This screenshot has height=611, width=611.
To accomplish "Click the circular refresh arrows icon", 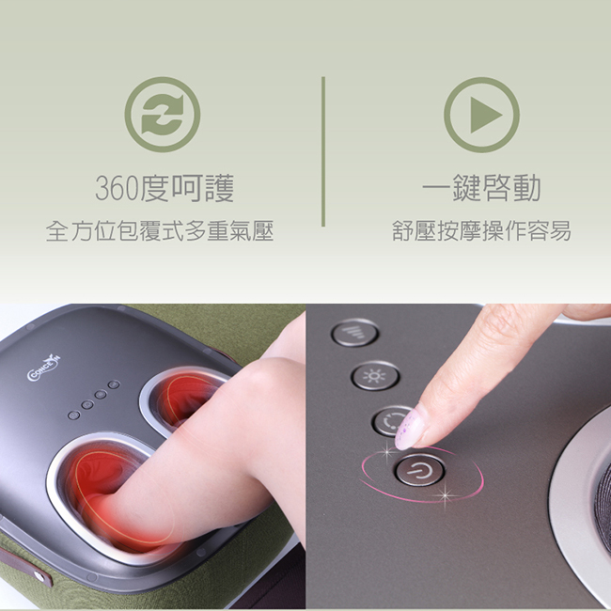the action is click(x=163, y=115).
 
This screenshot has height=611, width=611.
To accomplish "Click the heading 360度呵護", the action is click(x=164, y=189).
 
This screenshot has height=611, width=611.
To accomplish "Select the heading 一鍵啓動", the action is click(x=481, y=188).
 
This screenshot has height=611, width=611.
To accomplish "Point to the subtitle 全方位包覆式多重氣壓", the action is click(x=160, y=230).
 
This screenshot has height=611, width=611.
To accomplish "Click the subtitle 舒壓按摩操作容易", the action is click(x=481, y=230).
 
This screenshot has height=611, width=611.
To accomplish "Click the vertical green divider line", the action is click(x=323, y=151).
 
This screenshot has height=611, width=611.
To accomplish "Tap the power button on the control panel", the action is click(x=419, y=471).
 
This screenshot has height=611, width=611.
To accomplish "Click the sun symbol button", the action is click(x=375, y=376).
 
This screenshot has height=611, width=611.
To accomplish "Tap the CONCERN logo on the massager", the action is click(x=44, y=368).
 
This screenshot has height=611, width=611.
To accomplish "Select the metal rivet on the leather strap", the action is click(x=38, y=574).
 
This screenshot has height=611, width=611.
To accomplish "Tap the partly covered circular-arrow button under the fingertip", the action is click(x=392, y=421).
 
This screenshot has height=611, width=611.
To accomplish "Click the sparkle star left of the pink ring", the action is click(x=387, y=452).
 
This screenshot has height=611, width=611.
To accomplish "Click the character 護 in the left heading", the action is click(x=219, y=189).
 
